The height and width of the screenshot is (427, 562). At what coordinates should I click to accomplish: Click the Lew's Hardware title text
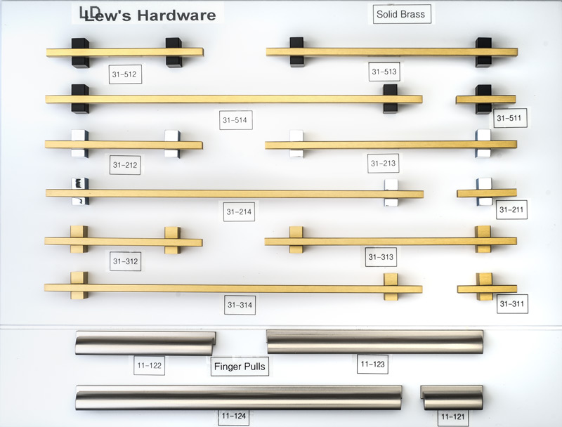pos(148,14)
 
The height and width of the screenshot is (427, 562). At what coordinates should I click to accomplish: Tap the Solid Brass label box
pos(402,14)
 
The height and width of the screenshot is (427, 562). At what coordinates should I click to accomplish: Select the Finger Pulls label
pos(240,367)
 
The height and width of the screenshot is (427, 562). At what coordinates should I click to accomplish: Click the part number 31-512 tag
pos(125,74)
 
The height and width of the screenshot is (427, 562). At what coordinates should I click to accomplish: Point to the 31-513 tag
pos(384,72)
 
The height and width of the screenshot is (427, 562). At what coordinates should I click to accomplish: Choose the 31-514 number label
pos(235,120)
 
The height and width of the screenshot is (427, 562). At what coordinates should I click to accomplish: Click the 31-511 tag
pos(510,118)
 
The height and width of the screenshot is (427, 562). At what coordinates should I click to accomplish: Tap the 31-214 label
pos(239,211)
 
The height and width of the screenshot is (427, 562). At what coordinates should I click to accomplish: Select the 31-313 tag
pos(381,257)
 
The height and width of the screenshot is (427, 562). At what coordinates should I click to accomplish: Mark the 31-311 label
pos(512,304)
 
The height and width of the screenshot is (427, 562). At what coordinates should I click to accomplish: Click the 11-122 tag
pos(150,365)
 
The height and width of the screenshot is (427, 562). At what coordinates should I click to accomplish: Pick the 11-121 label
pos(453,417)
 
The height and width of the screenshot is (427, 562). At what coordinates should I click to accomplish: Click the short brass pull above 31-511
pos(486,99)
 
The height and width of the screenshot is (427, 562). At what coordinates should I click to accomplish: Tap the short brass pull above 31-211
pos(487,193)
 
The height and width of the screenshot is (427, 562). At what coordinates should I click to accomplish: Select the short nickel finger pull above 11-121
pos(452,398)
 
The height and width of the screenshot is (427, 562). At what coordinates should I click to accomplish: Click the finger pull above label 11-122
pos(145,343)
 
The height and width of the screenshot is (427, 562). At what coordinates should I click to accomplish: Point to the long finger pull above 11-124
pos(239,398)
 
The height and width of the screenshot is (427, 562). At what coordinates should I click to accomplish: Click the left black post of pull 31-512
pos(80,53)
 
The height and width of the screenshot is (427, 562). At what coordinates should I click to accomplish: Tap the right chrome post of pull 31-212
pos(172,144)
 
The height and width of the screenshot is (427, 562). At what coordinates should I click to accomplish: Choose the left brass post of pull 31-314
pos(79,286)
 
